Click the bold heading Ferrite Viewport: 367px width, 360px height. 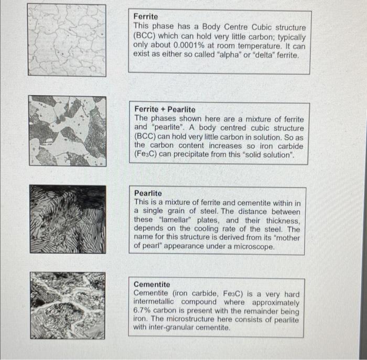(x=145, y=17)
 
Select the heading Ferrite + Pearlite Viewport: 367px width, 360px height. (x=165, y=109)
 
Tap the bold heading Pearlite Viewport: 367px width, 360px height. (x=148, y=193)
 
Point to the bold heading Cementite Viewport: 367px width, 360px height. (x=153, y=284)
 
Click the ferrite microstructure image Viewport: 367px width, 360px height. (x=67, y=40)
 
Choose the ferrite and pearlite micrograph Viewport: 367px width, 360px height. (x=67, y=130)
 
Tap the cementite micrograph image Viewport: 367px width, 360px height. (x=67, y=304)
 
